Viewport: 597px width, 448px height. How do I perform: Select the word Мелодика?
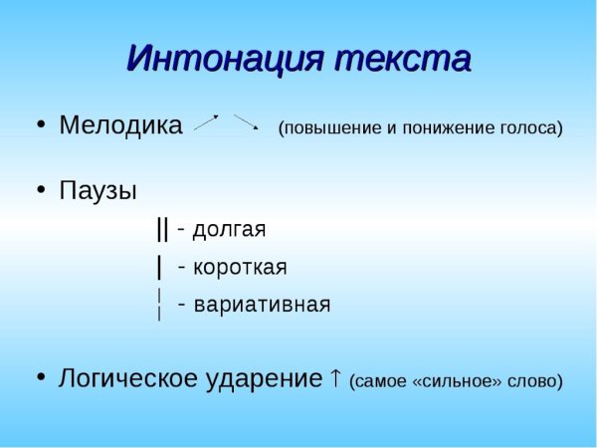(x=120, y=125)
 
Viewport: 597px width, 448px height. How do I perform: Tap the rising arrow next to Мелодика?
(x=206, y=122)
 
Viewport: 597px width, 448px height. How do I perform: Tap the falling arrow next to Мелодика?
(x=247, y=122)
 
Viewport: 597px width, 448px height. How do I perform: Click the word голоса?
(x=528, y=127)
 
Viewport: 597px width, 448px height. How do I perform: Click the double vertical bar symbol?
(x=162, y=229)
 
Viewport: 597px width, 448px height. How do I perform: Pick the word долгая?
(x=229, y=230)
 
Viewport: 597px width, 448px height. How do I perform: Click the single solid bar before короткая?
(x=159, y=268)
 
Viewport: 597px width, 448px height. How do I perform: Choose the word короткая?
(x=240, y=268)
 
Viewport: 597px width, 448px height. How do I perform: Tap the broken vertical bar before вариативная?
(x=159, y=304)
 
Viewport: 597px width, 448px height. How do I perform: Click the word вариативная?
(x=262, y=305)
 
